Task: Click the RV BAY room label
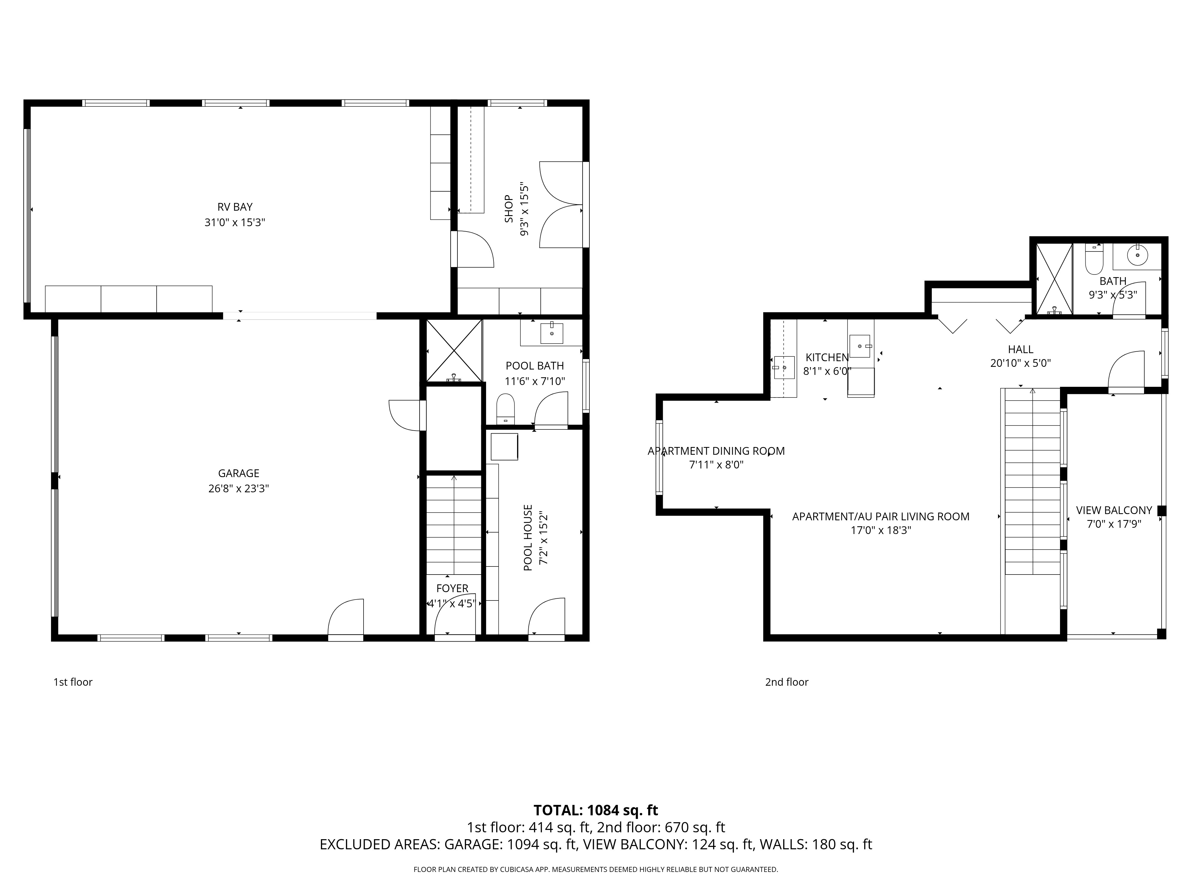pyautogui.click(x=235, y=207)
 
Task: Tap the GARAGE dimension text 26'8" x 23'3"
pyautogui.click(x=239, y=489)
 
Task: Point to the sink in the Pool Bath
pyautogui.click(x=551, y=333)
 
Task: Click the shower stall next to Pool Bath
pyautogui.click(x=454, y=351)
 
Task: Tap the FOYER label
pyautogui.click(x=452, y=589)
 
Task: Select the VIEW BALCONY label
pyautogui.click(x=1114, y=510)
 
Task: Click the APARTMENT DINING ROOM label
pyautogui.click(x=716, y=451)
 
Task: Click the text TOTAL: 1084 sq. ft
pyautogui.click(x=595, y=825)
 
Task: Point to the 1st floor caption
pyautogui.click(x=73, y=682)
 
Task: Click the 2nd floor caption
pyautogui.click(x=787, y=682)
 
